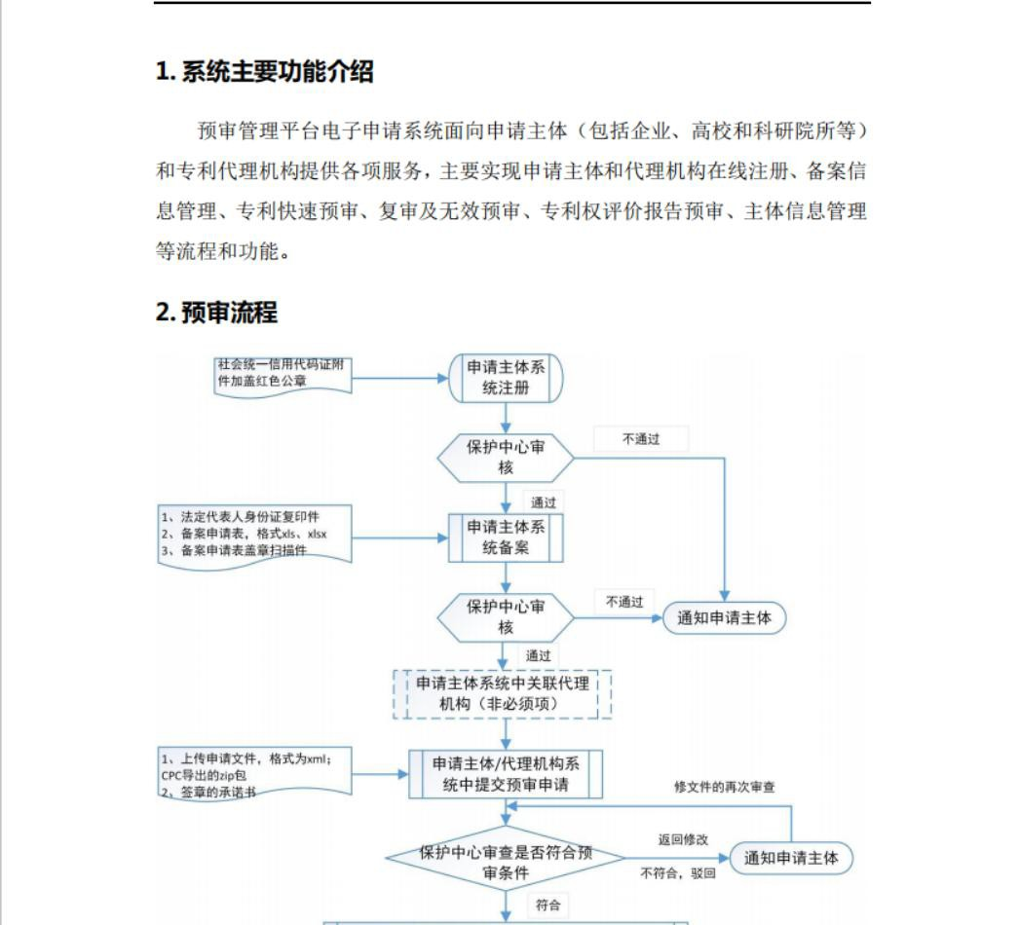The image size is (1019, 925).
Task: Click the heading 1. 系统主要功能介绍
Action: click(264, 72)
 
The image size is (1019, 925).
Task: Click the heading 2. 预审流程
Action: click(216, 313)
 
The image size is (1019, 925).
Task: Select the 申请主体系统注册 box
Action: click(506, 378)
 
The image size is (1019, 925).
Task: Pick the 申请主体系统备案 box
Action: click(506, 537)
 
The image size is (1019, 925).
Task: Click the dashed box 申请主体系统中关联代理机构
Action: click(503, 693)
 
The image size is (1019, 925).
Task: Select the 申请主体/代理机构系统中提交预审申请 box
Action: click(506, 774)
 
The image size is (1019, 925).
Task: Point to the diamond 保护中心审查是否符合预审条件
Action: click(506, 859)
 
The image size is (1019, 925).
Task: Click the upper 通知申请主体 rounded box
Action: click(724, 617)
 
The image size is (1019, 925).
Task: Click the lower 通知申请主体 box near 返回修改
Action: click(791, 858)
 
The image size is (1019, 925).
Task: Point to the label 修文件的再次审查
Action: click(725, 786)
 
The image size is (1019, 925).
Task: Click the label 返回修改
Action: click(683, 839)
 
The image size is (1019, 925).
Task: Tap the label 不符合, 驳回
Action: click(678, 873)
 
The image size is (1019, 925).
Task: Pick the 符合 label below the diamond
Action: click(547, 905)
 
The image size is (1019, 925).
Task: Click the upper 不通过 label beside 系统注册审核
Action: click(641, 439)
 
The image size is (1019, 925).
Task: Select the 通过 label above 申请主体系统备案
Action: click(543, 503)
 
